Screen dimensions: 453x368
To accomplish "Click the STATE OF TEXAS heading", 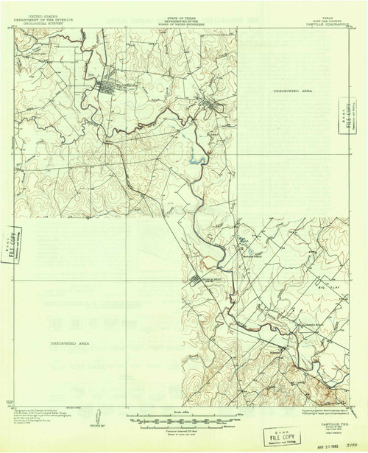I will point(184,14).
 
